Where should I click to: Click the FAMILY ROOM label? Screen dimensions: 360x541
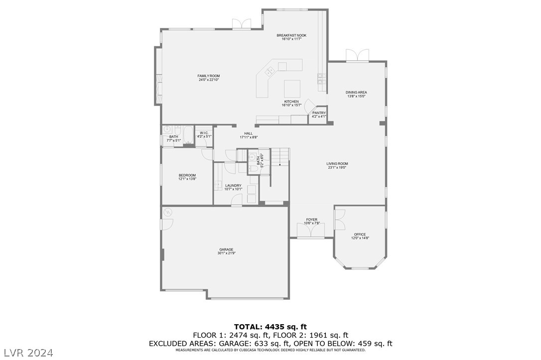[209, 76]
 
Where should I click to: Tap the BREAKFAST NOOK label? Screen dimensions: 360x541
[291, 35]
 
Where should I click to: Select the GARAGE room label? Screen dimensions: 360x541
[226, 249]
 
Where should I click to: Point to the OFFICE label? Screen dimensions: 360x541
[360, 235]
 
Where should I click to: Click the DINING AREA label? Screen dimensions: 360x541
[356, 92]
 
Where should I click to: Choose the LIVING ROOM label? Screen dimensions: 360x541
[337, 164]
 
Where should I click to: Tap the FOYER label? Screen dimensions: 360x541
[311, 220]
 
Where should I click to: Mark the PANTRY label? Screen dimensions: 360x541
[319, 113]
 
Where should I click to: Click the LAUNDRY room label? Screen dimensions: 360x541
[233, 185]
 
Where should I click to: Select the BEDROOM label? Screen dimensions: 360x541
[187, 175]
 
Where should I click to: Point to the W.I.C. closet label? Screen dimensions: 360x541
[204, 133]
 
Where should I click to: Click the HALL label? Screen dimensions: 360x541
[248, 133]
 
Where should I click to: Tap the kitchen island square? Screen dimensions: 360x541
[292, 89]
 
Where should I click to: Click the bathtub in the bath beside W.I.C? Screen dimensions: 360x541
[188, 135]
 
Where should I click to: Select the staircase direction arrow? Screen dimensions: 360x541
[280, 164]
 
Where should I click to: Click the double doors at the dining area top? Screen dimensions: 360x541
[358, 56]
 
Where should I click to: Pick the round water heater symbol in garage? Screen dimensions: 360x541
[168, 212]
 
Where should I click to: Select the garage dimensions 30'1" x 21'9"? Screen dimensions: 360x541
[226, 253]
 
